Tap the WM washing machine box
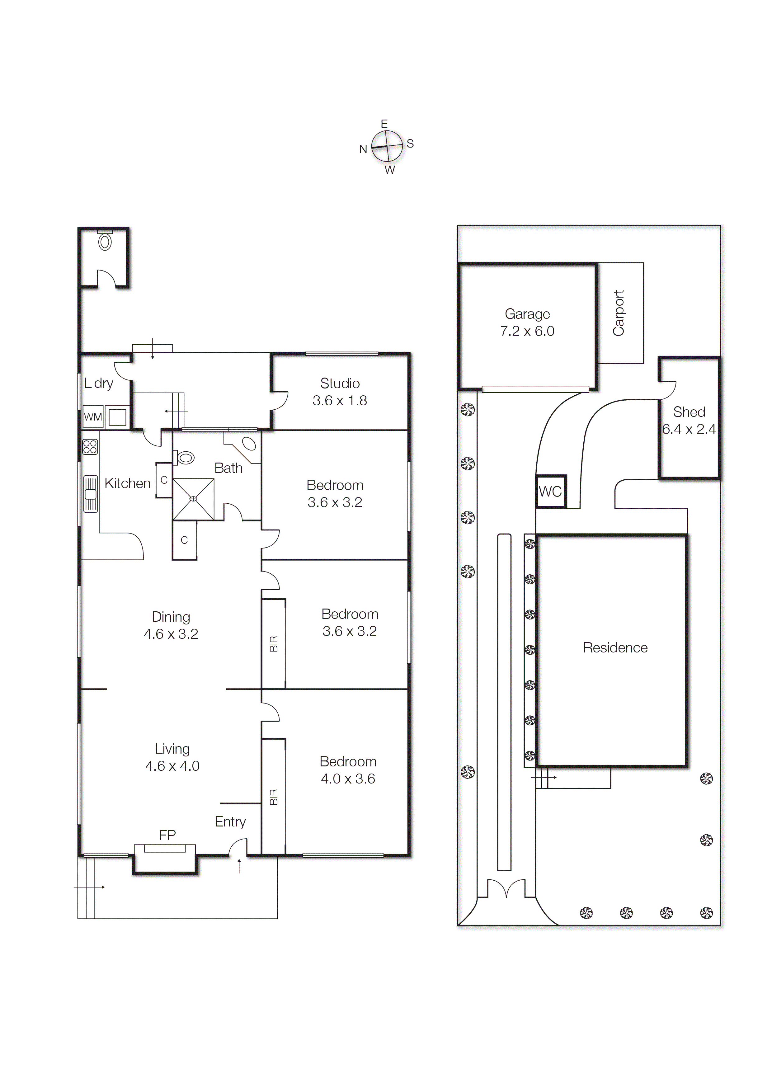93,417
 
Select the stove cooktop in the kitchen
90,447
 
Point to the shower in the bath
193,499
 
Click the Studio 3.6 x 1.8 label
340,392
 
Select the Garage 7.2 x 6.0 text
527,322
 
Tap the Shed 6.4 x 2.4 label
689,421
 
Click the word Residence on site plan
615,648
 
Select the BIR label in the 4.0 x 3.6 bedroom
274,797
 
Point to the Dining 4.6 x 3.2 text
171,625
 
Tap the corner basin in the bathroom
249,444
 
